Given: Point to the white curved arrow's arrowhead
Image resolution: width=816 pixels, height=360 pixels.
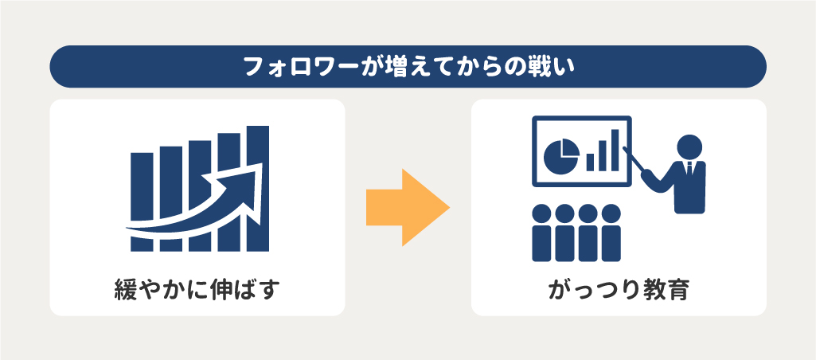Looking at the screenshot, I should coord(249,179).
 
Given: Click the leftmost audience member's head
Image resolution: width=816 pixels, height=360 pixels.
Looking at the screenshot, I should coord(543,214).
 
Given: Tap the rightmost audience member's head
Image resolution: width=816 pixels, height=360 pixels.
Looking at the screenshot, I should coord(611,214).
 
